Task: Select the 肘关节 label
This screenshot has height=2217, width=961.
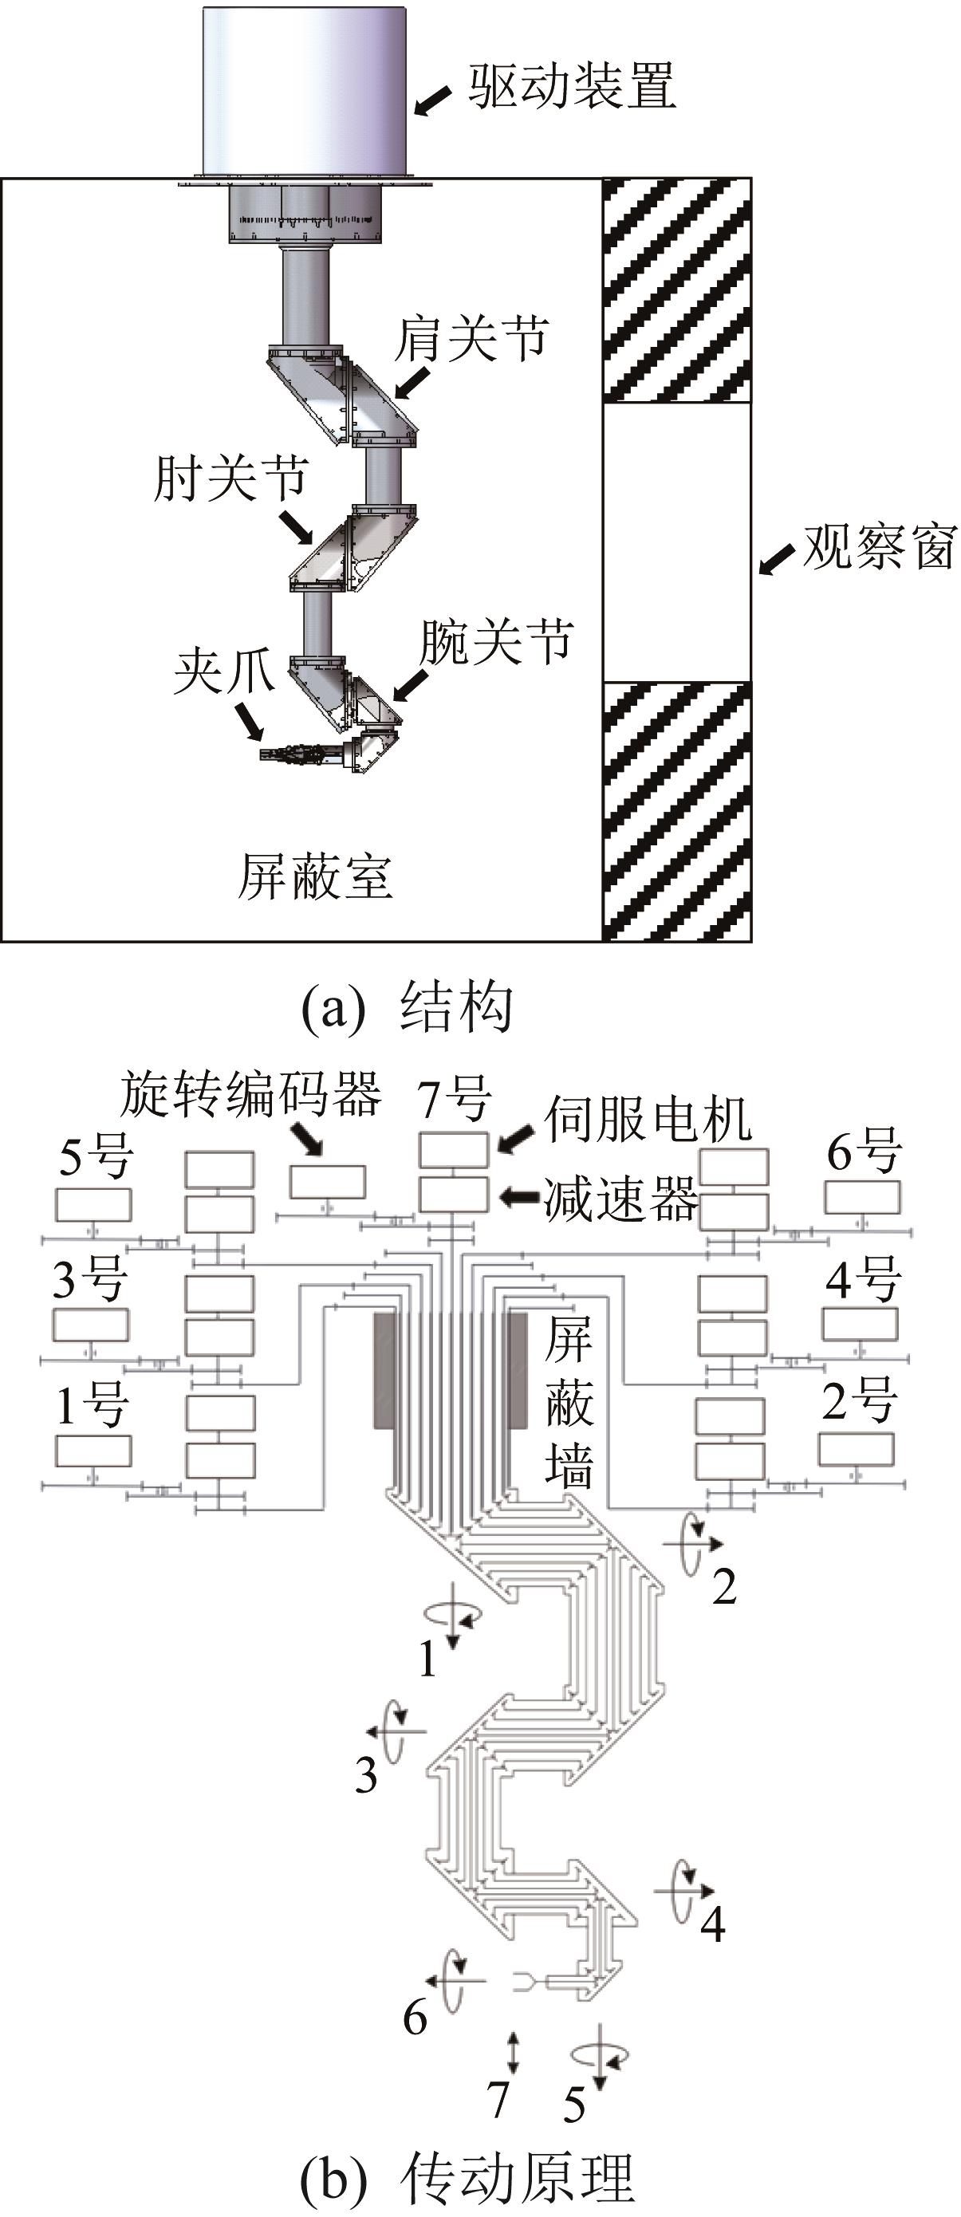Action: pyautogui.click(x=230, y=478)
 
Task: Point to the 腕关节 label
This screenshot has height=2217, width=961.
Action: pyautogui.click(x=495, y=641)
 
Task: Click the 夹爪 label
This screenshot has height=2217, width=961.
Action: pyautogui.click(x=223, y=671)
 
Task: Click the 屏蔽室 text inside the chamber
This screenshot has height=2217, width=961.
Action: pyautogui.click(x=315, y=878)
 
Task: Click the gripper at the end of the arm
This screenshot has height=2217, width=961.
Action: pyautogui.click(x=293, y=756)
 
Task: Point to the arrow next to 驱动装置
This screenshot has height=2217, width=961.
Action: pyautogui.click(x=433, y=100)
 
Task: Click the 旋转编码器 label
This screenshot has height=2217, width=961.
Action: pyautogui.click(x=250, y=1095)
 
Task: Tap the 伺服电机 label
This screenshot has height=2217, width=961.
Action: pyautogui.click(x=647, y=1118)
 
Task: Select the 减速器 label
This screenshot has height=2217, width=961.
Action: pyautogui.click(x=620, y=1199)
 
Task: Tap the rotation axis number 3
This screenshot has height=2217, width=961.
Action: pyautogui.click(x=367, y=1774)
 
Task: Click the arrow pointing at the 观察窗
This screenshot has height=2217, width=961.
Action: pyautogui.click(x=776, y=561)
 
